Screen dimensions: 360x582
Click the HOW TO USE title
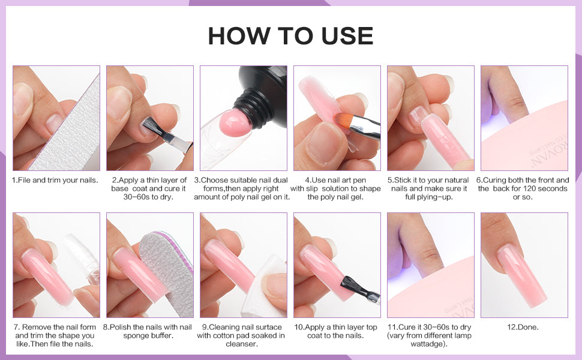click(x=290, y=36)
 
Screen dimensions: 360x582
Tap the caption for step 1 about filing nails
click(x=55, y=180)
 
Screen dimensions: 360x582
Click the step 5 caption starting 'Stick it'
click(x=431, y=188)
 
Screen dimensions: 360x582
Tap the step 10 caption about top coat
click(x=337, y=331)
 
